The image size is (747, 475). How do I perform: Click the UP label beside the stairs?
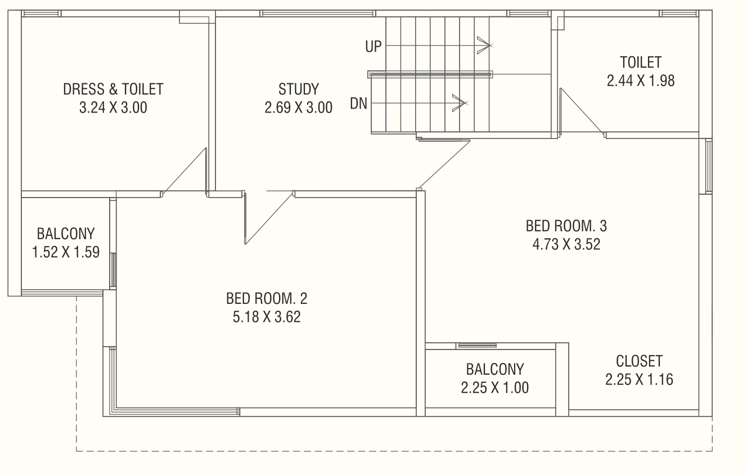(x=373, y=46)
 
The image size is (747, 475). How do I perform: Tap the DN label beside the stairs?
(x=358, y=104)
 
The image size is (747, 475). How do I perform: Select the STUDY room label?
(x=299, y=89)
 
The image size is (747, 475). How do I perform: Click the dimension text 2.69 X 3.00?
(x=299, y=107)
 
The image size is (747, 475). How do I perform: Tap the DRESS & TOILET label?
(x=113, y=89)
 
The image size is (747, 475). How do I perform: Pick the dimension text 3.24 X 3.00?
(x=113, y=107)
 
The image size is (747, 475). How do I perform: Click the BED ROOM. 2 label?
(x=267, y=298)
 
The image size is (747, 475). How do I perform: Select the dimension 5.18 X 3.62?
(x=267, y=317)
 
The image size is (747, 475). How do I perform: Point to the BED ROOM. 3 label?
(x=566, y=226)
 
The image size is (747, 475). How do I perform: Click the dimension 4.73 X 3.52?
(x=566, y=244)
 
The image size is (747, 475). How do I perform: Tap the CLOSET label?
(x=639, y=361)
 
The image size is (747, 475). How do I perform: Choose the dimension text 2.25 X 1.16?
(x=639, y=379)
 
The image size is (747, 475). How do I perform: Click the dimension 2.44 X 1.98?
(x=641, y=80)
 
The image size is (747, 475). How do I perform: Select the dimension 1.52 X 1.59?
(x=66, y=252)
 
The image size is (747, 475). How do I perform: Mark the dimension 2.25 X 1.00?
(x=495, y=388)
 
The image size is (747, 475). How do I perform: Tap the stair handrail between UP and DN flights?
(x=430, y=74)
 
